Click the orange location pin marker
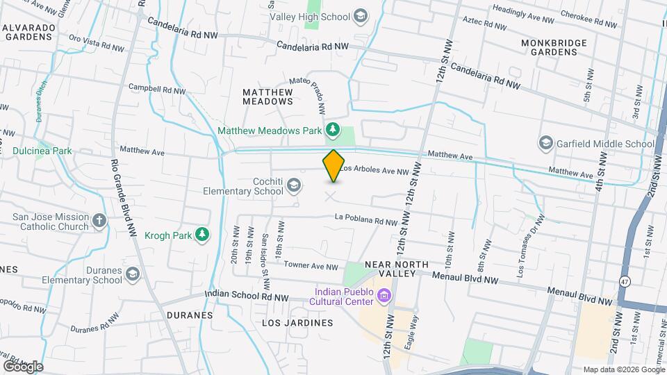[333, 165]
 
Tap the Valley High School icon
[361, 16]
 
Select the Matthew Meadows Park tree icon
[333, 129]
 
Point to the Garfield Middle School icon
[546, 144]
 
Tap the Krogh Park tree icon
[202, 235]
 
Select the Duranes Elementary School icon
[131, 276]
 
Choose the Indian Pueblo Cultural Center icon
[383, 297]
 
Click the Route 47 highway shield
[624, 279]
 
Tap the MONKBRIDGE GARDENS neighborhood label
[553, 48]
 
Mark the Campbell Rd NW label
[157, 90]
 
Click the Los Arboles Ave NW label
[376, 170]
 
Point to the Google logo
[22, 365]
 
